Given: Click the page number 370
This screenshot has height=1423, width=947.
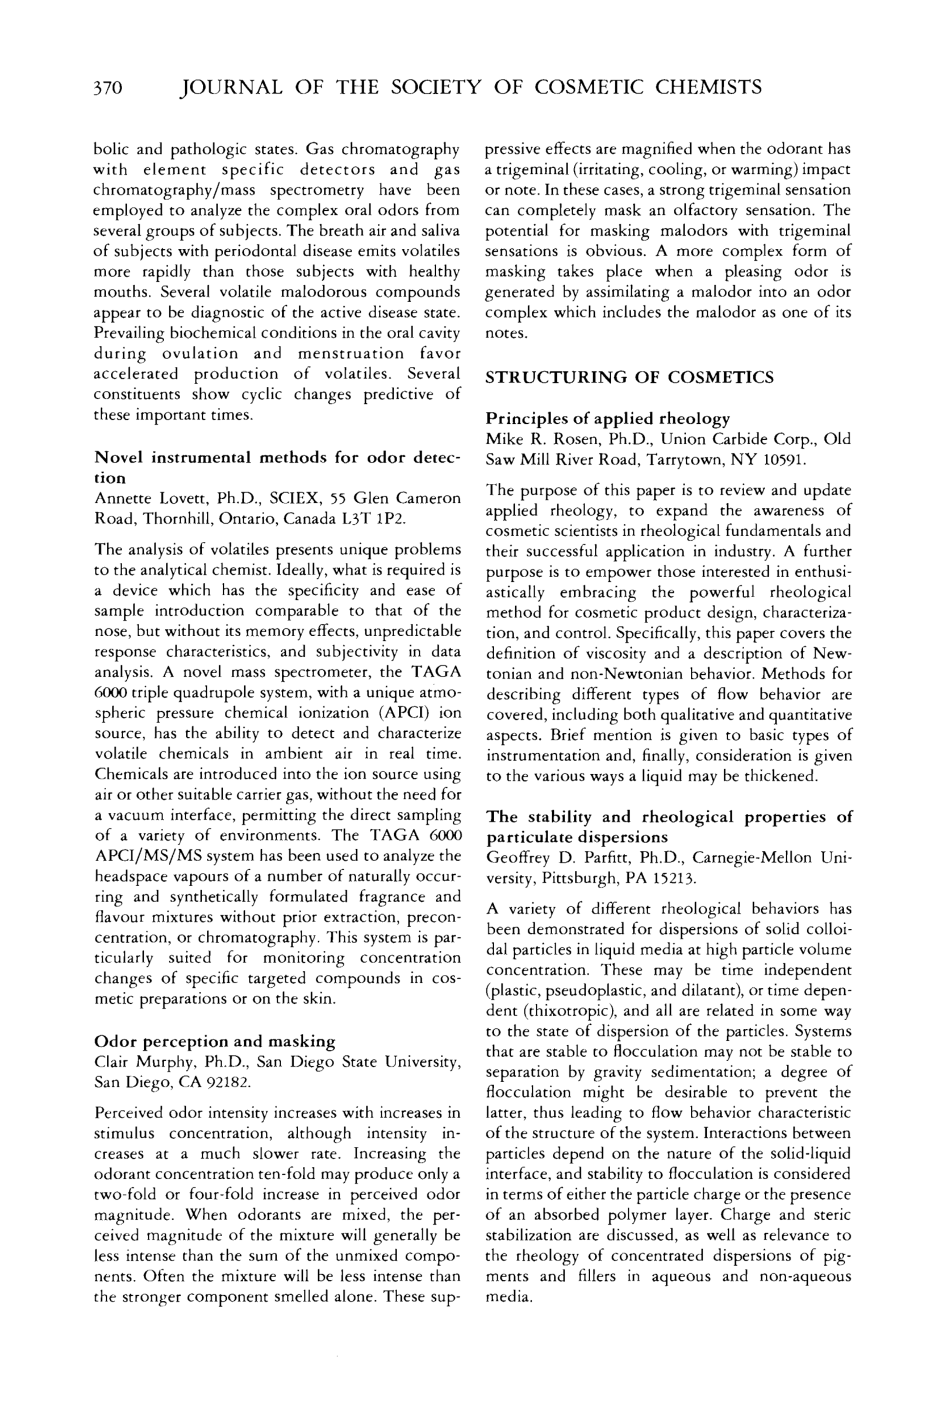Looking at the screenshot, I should (x=108, y=89).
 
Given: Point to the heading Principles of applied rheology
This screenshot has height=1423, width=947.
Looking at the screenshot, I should (x=608, y=419).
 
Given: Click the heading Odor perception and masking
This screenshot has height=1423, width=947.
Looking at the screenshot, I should (x=215, y=1041).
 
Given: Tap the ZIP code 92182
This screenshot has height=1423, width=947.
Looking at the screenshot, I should (x=229, y=1082).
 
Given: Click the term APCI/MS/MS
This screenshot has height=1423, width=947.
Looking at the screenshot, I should (x=140, y=857).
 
